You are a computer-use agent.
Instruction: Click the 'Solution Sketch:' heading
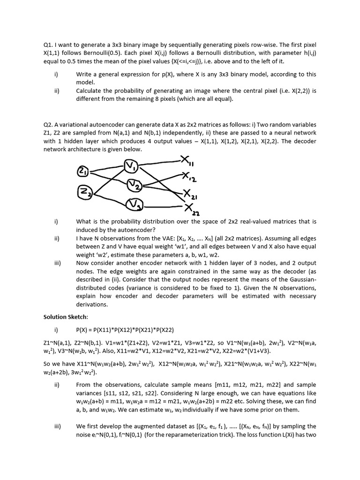click(x=61, y=317)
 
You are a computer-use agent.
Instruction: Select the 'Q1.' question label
click(x=48, y=45)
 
